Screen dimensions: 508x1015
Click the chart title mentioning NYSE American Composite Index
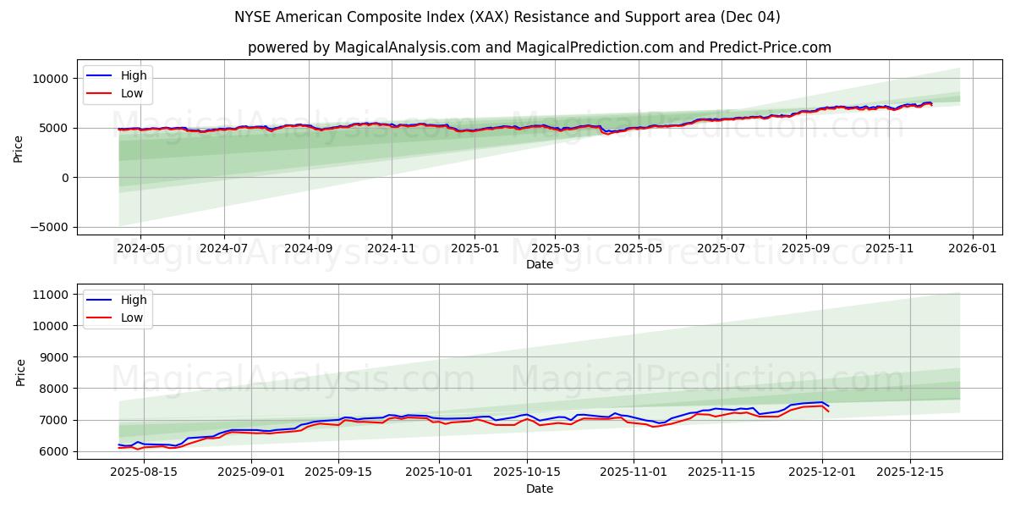tap(507, 17)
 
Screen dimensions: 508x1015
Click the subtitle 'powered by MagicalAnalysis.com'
tap(539, 47)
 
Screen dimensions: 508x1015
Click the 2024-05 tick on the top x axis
tap(140, 249)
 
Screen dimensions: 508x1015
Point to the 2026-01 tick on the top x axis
tap(972, 249)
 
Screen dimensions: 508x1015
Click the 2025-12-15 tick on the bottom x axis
tap(910, 472)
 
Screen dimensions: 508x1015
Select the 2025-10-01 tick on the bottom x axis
tap(439, 472)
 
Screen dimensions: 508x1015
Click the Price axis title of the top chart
tap(19, 147)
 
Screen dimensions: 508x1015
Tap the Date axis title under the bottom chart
tap(539, 489)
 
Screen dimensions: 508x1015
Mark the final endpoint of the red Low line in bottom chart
tap(829, 411)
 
